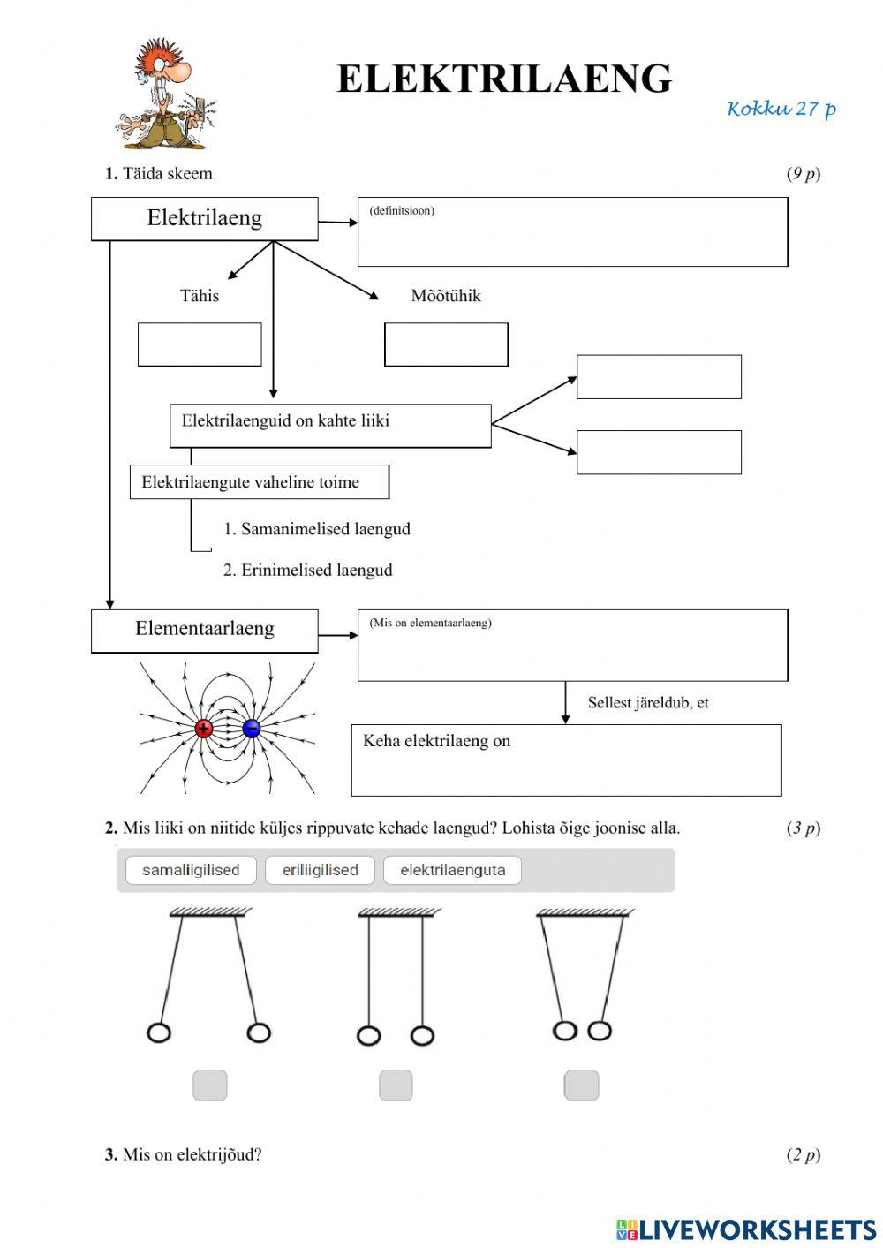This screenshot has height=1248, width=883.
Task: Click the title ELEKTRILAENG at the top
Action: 504,79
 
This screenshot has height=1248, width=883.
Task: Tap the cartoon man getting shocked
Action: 165,95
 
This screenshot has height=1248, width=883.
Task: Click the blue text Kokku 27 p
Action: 781,109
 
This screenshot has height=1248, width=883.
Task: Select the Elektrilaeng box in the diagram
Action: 204,219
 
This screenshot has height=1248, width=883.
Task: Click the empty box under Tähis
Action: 200,344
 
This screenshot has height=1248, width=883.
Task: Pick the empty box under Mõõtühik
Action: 446,344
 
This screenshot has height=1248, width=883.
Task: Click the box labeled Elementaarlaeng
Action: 204,630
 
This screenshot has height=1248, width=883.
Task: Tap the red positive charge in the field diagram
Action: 204,729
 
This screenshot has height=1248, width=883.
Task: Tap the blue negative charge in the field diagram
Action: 251,729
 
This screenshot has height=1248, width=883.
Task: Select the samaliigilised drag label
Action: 191,870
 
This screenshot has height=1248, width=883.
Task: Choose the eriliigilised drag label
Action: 320,870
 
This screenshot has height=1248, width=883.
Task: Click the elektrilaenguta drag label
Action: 452,870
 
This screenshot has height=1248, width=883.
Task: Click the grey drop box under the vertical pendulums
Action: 396,1085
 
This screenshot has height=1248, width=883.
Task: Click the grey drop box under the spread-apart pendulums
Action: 210,1085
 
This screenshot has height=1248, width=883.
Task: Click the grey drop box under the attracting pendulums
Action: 581,1085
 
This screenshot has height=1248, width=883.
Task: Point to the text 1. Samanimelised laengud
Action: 316,529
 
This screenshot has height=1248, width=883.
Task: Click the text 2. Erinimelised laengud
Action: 307,571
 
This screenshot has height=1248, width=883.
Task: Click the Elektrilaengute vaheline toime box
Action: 259,482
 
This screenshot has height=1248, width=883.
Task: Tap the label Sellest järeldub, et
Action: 648,703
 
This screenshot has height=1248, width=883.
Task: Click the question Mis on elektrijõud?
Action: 192,1154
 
